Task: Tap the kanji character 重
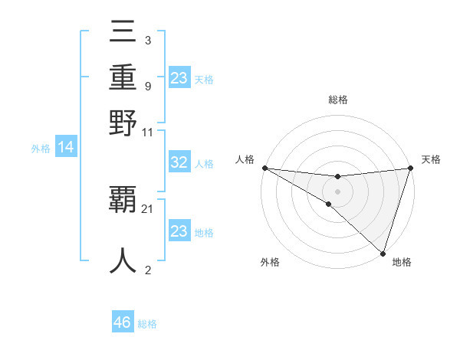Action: coord(123,79)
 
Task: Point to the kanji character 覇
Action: coord(123,201)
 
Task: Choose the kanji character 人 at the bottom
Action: coord(123,260)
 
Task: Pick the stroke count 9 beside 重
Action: coord(147,86)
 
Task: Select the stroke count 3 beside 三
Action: coord(147,40)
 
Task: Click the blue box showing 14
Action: coord(66,148)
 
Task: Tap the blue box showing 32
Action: coord(179,163)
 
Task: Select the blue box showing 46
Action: coord(123,322)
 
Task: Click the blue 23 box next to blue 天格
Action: coord(179,78)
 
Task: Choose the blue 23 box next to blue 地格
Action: coord(179,231)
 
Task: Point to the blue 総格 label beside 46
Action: coord(147,324)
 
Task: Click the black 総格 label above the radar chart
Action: coord(337,100)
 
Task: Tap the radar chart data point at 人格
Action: coord(264,168)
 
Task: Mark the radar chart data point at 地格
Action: coord(383,253)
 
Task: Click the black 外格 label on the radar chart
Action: coord(270,262)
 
